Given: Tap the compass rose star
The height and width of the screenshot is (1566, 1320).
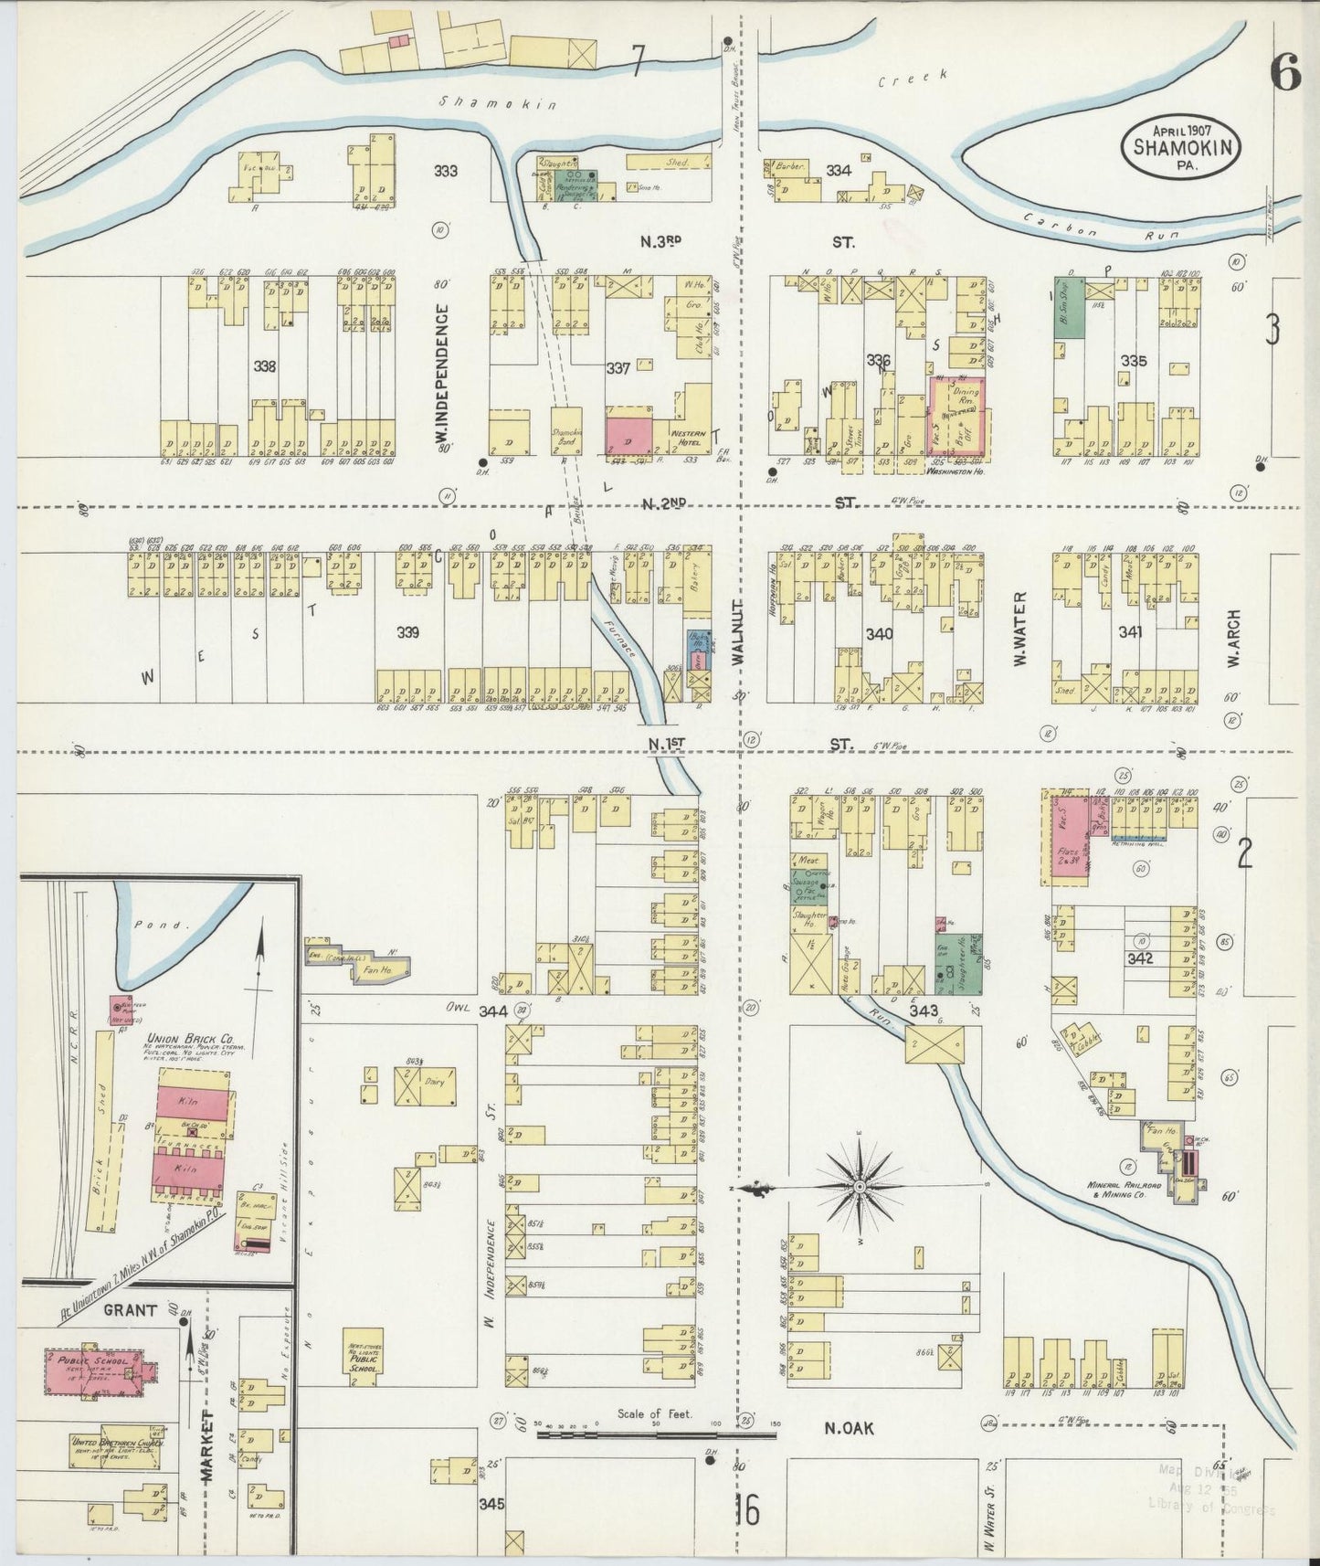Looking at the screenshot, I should [x=859, y=1187].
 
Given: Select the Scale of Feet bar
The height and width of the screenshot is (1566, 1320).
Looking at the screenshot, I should [x=655, y=1434].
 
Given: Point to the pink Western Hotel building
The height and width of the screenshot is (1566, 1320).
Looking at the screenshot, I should [x=630, y=433].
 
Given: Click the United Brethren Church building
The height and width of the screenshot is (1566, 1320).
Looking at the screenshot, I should [x=115, y=1451].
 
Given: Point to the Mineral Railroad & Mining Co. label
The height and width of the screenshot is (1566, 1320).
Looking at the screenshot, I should [x=1124, y=1190].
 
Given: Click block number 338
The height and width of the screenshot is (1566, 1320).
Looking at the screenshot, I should [x=265, y=366].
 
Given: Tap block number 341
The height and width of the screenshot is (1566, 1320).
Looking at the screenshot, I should [x=1133, y=630].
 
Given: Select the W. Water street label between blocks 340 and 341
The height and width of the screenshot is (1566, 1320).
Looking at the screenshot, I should [x=1019, y=630].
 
